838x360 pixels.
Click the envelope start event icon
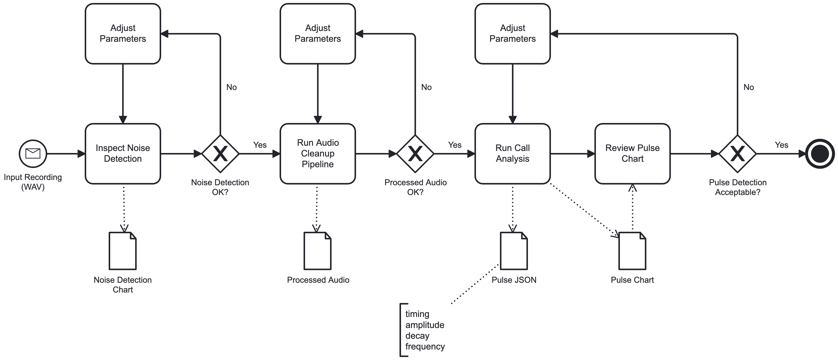[33, 154]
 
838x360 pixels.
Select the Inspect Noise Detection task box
[123, 154]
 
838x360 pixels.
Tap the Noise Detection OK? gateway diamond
[220, 154]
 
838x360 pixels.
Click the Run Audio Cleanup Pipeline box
[318, 154]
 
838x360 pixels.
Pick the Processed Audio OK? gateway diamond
[415, 154]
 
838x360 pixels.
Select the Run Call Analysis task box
[512, 154]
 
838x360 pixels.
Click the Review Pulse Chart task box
[632, 154]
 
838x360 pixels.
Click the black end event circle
[820, 154]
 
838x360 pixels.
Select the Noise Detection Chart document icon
[123, 251]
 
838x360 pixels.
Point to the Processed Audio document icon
[318, 251]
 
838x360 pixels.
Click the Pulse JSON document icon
[514, 251]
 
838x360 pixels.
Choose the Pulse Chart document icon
[632, 251]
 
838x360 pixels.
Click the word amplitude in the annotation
[424, 325]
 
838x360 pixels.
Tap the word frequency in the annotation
[425, 346]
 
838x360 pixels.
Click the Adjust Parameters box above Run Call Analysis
[512, 33]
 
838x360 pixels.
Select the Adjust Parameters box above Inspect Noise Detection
[123, 33]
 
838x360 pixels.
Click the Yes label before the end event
[781, 145]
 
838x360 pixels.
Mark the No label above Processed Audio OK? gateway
[426, 87]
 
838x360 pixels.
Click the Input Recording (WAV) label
[33, 182]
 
